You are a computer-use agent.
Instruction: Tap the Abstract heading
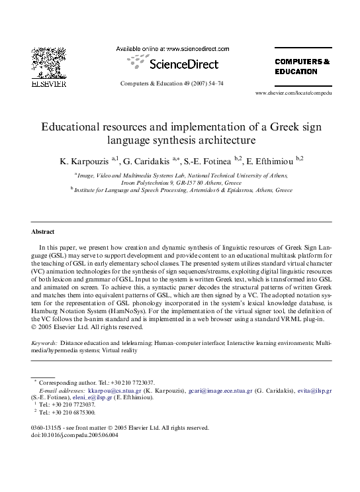(x=43, y=232)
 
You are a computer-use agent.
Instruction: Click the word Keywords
(x=44, y=344)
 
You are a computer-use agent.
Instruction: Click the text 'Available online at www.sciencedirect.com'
(x=173, y=48)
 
